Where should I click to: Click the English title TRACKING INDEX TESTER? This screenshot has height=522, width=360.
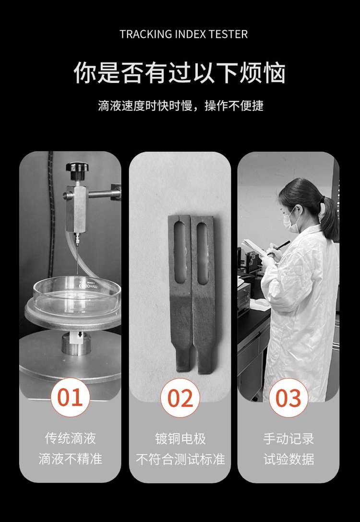[183, 34]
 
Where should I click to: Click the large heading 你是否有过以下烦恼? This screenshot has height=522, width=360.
[180, 72]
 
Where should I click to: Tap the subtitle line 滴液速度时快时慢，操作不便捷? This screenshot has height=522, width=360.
[180, 106]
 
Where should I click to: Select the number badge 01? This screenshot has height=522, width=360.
[70, 397]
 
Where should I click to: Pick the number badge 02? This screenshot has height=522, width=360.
[180, 398]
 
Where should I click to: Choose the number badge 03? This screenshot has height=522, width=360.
[288, 398]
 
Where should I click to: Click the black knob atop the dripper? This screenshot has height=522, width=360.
[77, 167]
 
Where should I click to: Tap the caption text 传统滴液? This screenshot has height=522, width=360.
[70, 438]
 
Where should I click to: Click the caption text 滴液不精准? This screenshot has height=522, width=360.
[70, 459]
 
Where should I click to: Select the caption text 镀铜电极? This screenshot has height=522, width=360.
[180, 439]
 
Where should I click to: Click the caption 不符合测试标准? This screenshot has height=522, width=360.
[180, 459]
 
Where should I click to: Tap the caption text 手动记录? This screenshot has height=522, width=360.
[288, 439]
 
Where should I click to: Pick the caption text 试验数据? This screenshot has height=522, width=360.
[288, 459]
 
